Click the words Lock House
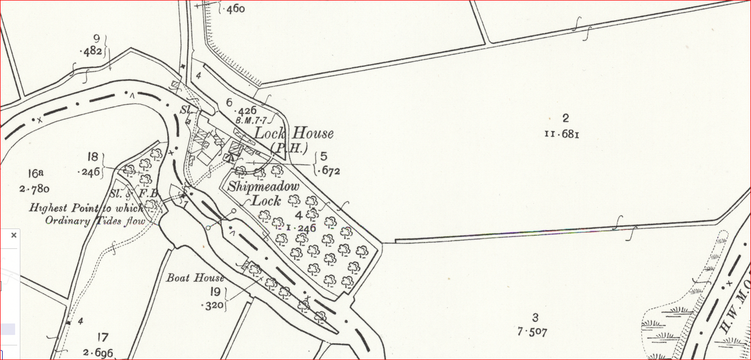(294, 133)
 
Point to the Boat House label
(195, 278)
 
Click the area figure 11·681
(562, 134)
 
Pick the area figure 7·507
(532, 332)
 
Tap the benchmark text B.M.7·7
(251, 121)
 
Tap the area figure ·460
(233, 9)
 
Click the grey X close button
(14, 235)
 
